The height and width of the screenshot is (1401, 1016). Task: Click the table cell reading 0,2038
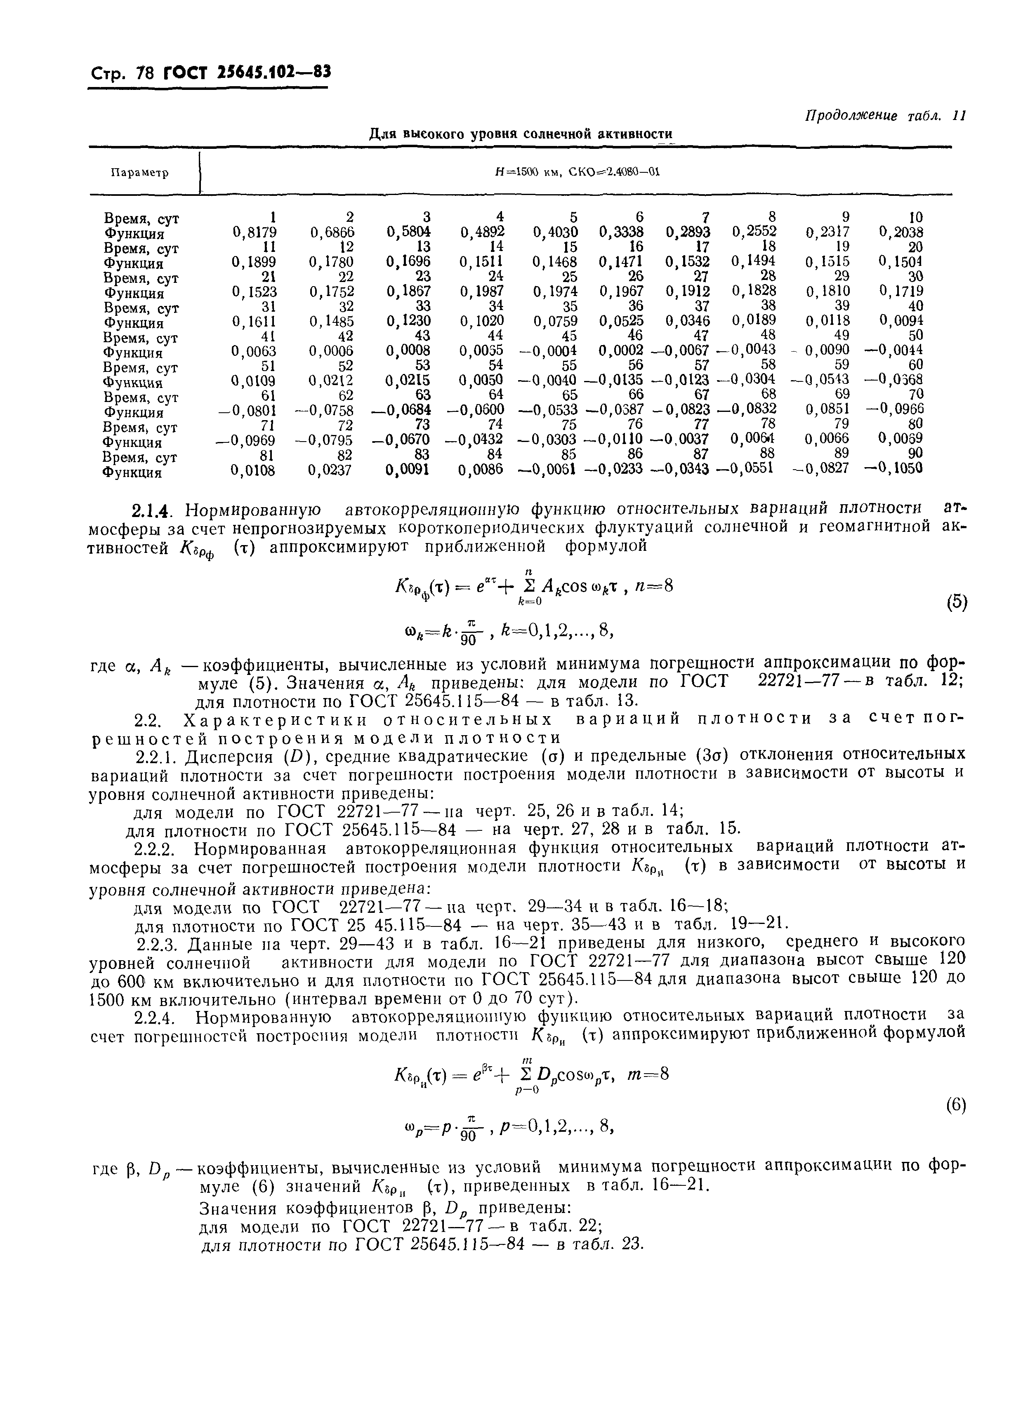point(900,232)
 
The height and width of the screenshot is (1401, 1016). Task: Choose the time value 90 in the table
point(915,454)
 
